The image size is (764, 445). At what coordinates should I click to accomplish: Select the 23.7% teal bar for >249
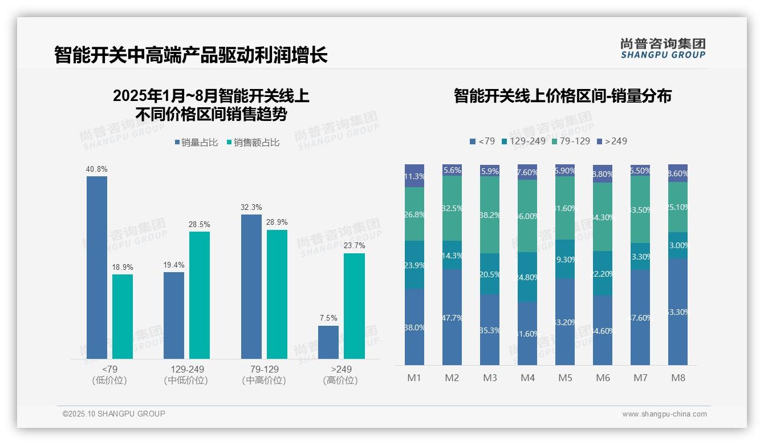354,306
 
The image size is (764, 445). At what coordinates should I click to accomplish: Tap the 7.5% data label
328,318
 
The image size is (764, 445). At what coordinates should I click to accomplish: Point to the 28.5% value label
199,224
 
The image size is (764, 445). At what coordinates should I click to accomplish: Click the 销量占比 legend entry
196,143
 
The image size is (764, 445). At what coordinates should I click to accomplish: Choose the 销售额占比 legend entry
253,143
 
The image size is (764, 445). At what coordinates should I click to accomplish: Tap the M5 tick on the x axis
565,378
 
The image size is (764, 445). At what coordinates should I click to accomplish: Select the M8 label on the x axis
678,378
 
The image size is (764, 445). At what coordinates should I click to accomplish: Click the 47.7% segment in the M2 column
452,317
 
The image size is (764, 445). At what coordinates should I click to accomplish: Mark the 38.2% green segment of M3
490,215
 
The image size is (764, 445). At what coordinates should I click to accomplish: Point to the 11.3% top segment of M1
414,176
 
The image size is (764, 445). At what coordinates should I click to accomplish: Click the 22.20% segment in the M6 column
603,273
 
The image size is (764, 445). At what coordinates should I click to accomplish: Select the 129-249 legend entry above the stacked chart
523,141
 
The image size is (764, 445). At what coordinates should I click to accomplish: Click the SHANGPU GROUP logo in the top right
663,48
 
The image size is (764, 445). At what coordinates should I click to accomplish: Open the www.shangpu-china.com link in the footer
664,414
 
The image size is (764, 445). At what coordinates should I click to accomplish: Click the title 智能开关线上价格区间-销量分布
562,96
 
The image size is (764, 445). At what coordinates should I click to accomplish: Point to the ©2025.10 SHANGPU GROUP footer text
114,414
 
